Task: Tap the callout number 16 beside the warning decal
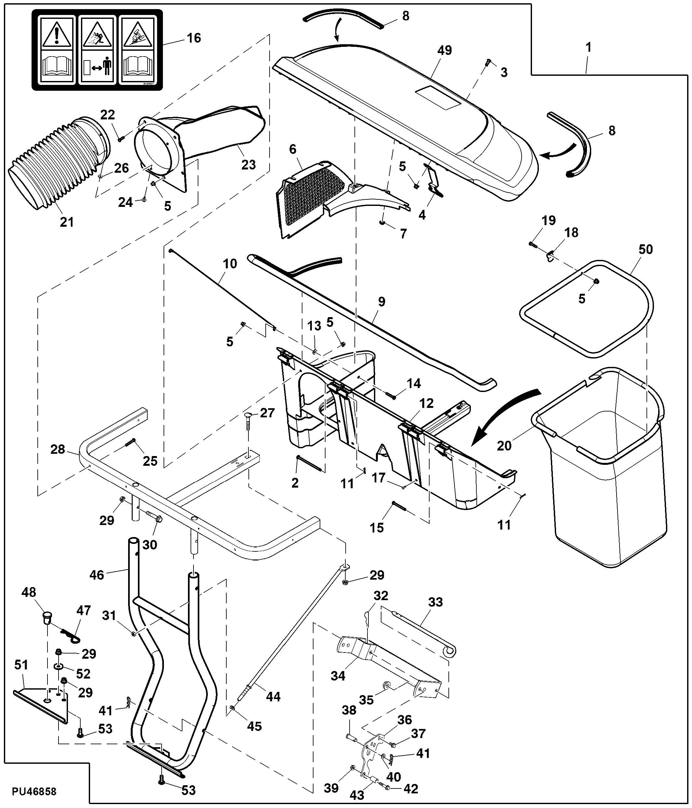[x=194, y=38]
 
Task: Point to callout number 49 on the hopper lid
[x=445, y=50]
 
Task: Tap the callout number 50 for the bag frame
[x=645, y=249]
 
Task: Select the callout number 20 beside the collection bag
[x=504, y=445]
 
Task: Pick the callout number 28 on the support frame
[x=58, y=449]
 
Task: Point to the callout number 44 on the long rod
[x=273, y=696]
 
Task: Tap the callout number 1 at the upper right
[x=589, y=47]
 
